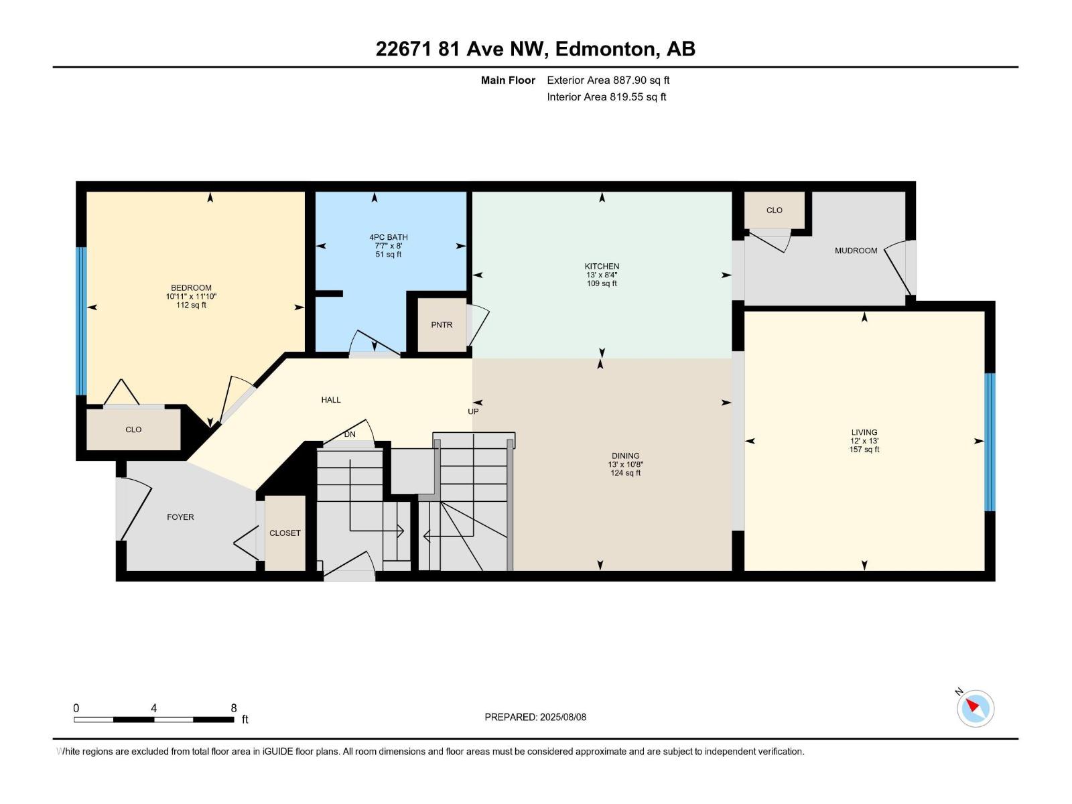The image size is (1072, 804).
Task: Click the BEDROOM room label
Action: point(191,287)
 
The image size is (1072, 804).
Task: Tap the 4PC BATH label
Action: point(389,237)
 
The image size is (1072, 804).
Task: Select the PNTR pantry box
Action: point(442,325)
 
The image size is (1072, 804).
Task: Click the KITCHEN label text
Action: point(602,266)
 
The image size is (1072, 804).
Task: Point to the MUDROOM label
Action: point(856,251)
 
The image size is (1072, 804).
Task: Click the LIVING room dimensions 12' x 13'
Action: point(864,441)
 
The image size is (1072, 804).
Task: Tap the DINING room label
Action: point(625,456)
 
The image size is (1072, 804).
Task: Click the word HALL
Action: point(331,400)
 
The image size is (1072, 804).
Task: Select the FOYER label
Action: point(180,517)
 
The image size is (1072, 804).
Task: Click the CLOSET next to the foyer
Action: point(285,533)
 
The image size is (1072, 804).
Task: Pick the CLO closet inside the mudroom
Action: point(774,210)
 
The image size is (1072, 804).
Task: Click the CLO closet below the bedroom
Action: point(133,429)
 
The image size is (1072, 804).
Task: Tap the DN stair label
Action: point(350,434)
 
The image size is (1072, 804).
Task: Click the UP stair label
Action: point(473,411)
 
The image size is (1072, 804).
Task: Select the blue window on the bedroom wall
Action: point(81,321)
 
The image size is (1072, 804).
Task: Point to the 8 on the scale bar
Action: point(234,708)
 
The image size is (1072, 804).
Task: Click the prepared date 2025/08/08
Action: point(563,717)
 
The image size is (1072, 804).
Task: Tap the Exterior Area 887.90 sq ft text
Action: point(608,80)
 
